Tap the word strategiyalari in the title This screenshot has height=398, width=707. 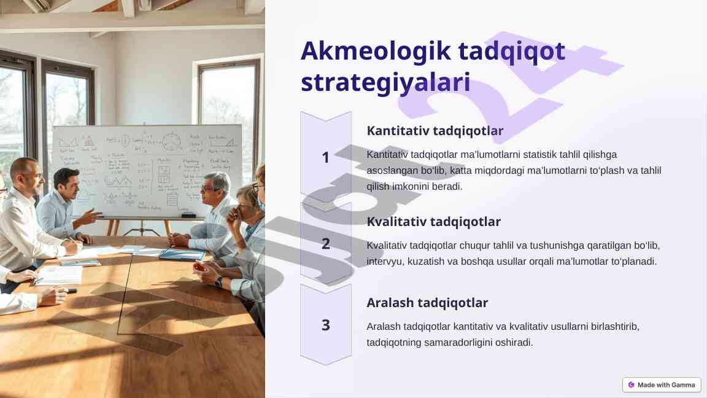[x=385, y=82]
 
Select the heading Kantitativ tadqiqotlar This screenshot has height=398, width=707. [x=435, y=131]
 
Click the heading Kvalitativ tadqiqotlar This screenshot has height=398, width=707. [x=433, y=222]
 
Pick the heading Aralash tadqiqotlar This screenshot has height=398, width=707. [x=427, y=303]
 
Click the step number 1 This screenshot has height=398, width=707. [x=325, y=157]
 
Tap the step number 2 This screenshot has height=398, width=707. [x=325, y=244]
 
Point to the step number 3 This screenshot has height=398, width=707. [x=325, y=325]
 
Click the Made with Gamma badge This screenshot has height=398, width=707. [x=662, y=385]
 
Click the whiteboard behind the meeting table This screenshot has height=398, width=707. [x=147, y=171]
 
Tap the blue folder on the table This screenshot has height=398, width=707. [x=183, y=255]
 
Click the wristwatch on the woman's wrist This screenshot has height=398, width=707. [x=219, y=282]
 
